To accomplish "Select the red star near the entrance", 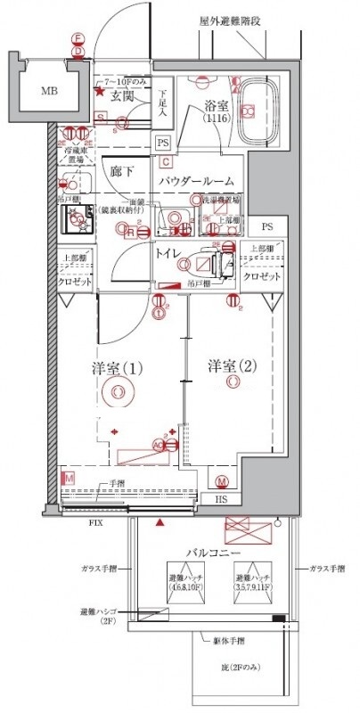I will coord(100,90).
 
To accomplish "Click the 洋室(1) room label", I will coord(117,368).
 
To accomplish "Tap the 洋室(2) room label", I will coord(233,365).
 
